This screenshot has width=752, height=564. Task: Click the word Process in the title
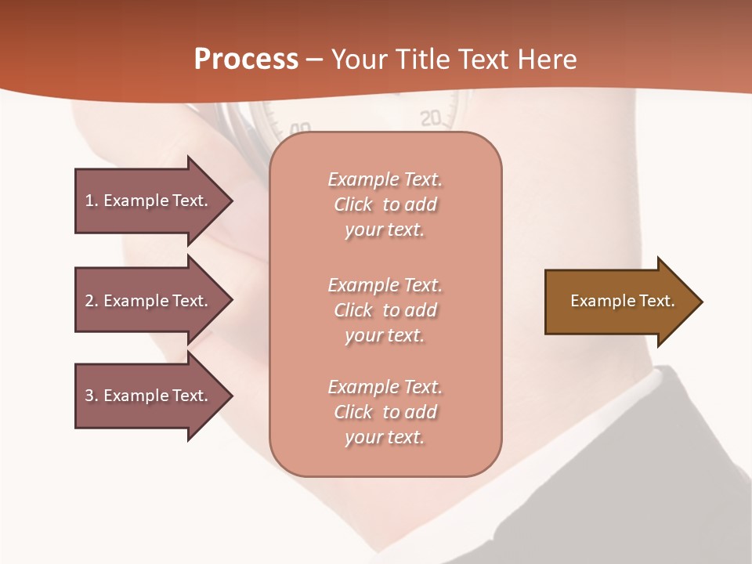[246, 60]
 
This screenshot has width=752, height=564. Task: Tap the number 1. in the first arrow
[92, 201]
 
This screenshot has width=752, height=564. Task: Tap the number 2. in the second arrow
[92, 301]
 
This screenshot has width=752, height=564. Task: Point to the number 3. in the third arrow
[92, 396]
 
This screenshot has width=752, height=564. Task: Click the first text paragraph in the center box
[385, 204]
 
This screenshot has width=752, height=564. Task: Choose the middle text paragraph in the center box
[385, 310]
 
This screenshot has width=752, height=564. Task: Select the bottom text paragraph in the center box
[385, 412]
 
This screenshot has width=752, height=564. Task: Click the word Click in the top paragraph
[353, 204]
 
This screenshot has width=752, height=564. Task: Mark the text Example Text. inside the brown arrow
[622, 301]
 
